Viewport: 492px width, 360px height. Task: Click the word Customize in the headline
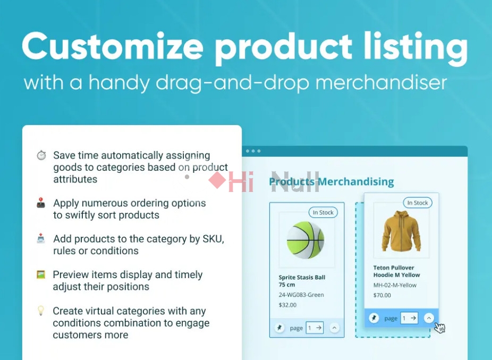pyautogui.click(x=113, y=46)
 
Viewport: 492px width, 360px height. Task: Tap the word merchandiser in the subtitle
pyautogui.click(x=381, y=82)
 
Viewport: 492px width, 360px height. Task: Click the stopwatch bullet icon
pyautogui.click(x=41, y=155)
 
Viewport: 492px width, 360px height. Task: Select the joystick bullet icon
pyautogui.click(x=41, y=203)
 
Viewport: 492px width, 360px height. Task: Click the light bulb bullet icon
pyautogui.click(x=41, y=311)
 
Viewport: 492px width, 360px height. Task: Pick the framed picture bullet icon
pyautogui.click(x=41, y=274)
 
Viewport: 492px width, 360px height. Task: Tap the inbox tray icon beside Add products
pyautogui.click(x=41, y=239)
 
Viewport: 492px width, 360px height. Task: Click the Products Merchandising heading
pyautogui.click(x=332, y=181)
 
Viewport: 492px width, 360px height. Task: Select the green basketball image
pyautogui.click(x=306, y=240)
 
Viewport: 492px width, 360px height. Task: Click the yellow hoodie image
pyautogui.click(x=401, y=231)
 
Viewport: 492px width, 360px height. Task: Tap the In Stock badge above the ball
pyautogui.click(x=323, y=213)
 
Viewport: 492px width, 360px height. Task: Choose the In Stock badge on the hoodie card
pyautogui.click(x=418, y=203)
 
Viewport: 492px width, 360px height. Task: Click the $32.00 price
pyautogui.click(x=287, y=305)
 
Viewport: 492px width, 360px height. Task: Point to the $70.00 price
pyautogui.click(x=382, y=295)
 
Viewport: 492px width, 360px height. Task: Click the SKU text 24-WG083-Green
pyautogui.click(x=301, y=295)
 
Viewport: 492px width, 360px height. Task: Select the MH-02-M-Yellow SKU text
pyautogui.click(x=395, y=285)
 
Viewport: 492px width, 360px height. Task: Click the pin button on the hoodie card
pyautogui.click(x=374, y=318)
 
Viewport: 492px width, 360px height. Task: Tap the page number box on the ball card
pyautogui.click(x=315, y=328)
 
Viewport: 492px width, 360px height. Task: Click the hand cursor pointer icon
pyautogui.click(x=439, y=328)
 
